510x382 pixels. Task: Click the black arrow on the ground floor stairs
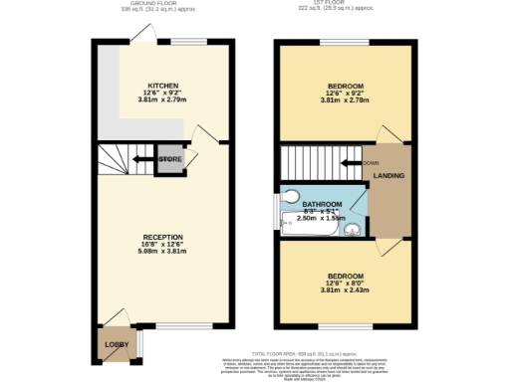tap(143, 159)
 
